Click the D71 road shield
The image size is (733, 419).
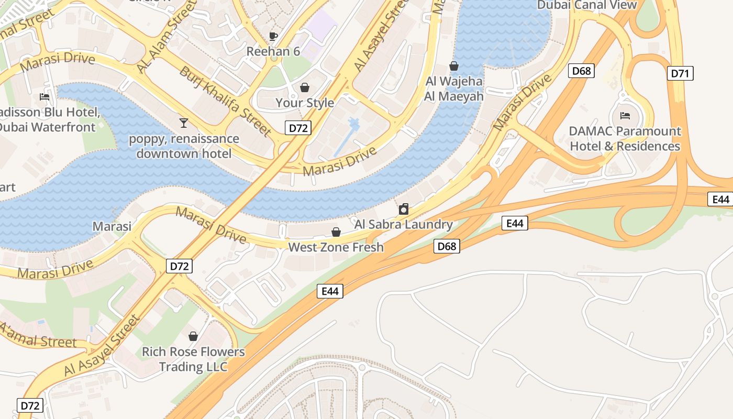[x=680, y=73]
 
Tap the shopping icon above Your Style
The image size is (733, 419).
[x=305, y=87]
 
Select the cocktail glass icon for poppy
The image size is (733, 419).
[x=183, y=123]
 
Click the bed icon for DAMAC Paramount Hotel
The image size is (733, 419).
[x=625, y=115]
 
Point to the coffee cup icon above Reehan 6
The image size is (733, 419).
[x=273, y=36]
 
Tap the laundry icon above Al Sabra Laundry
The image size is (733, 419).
[x=404, y=210]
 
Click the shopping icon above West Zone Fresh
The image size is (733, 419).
[x=336, y=232]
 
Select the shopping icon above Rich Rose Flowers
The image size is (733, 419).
[x=193, y=336]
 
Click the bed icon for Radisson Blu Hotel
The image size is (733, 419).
[x=45, y=97]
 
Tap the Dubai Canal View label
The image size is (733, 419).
[x=587, y=5]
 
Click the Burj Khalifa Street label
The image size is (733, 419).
[x=225, y=101]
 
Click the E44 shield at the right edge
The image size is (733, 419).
[x=721, y=199]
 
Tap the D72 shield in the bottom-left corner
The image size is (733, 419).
[x=30, y=405]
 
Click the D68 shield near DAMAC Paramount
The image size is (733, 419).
[x=581, y=71]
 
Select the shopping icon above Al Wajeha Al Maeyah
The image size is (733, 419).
[x=454, y=67]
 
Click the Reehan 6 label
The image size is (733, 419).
[x=273, y=51]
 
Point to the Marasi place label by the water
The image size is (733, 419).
[x=112, y=226]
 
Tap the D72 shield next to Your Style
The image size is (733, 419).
[x=298, y=128]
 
